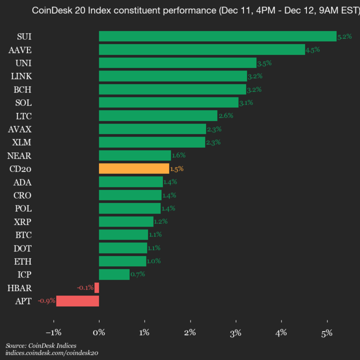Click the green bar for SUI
pos(217,36)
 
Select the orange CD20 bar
pos(134,168)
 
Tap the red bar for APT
pos(77,301)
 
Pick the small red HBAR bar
pos(97,287)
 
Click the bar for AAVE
pos(202,49)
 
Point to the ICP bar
pos(114,274)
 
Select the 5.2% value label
pos(344,36)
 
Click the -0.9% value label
pos(46,301)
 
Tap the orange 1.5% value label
pos(176,169)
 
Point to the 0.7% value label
pos(137,274)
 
